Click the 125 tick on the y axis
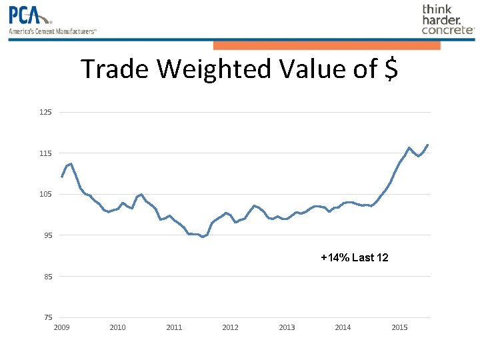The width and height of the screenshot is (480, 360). (45, 112)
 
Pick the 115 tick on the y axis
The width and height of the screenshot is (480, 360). (45, 153)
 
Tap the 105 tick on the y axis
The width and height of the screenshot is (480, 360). (45, 194)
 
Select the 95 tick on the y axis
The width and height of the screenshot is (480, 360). (46, 235)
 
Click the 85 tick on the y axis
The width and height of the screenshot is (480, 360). (46, 277)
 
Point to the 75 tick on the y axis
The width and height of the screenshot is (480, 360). (46, 317)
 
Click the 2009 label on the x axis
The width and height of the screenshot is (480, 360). (61, 327)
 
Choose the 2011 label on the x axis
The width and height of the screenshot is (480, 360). (174, 327)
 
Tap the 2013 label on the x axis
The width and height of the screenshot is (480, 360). (287, 327)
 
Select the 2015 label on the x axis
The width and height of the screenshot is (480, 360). (399, 327)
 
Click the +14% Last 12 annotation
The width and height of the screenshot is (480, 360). (354, 257)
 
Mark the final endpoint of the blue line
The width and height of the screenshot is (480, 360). (428, 145)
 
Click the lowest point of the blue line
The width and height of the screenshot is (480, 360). (203, 237)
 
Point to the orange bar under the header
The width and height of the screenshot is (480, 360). (327, 45)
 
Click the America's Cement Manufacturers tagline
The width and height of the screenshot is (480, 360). (53, 31)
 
